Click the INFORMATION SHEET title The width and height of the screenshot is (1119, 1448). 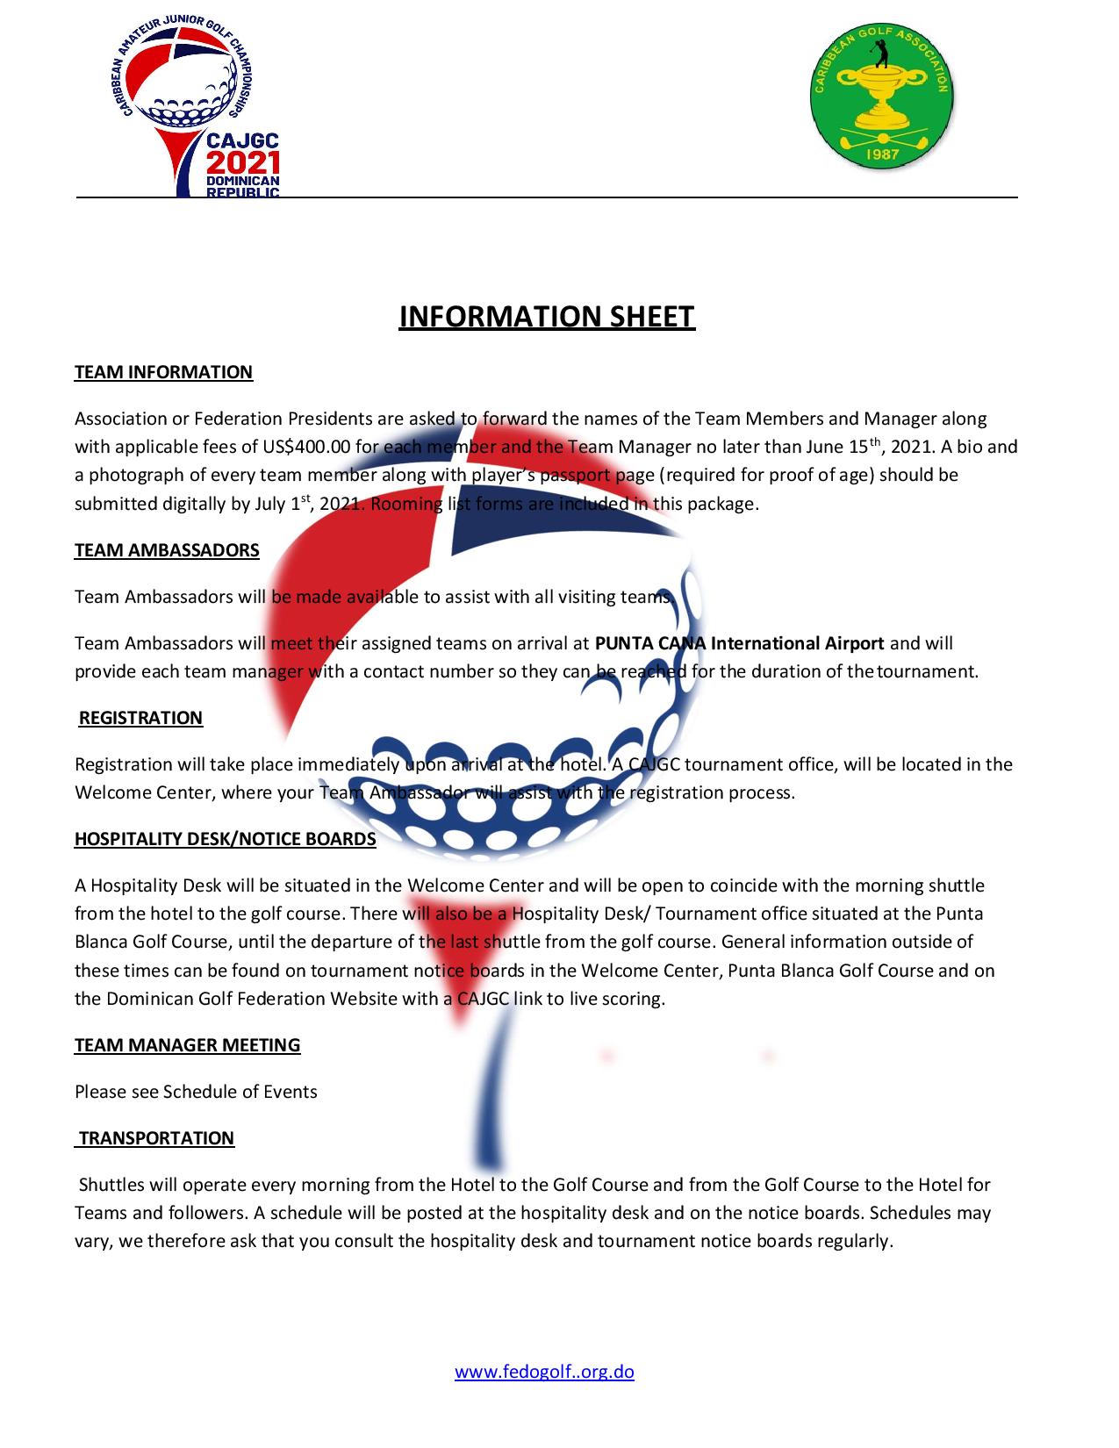[547, 317]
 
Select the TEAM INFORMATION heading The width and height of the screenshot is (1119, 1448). [163, 372]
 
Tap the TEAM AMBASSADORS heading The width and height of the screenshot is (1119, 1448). [167, 550]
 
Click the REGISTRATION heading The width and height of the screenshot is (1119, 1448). [140, 718]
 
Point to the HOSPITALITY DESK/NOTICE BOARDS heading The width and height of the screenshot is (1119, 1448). [225, 839]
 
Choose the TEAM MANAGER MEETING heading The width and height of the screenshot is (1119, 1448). [187, 1045]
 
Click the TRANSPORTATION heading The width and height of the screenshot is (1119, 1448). [156, 1138]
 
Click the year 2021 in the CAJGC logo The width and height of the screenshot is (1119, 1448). [242, 163]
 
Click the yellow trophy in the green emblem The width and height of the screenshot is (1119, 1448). [880, 97]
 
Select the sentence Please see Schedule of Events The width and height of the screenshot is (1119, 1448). [196, 1092]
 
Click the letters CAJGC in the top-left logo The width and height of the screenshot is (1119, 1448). [242, 141]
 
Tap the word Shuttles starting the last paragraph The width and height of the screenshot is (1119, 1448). [111, 1185]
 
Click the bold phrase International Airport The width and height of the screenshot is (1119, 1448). [797, 643]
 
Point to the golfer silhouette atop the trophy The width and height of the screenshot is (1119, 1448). [880, 54]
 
